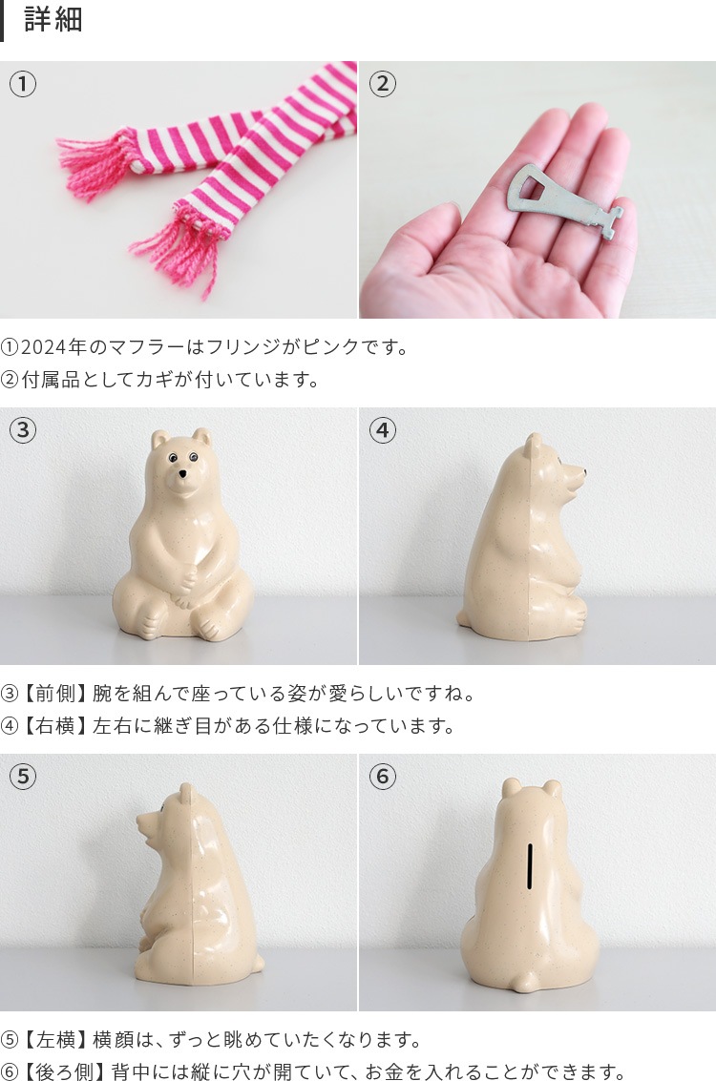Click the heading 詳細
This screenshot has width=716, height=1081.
click(x=53, y=19)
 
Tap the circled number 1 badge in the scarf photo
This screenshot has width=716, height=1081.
click(x=23, y=84)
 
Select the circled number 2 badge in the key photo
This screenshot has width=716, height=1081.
click(x=383, y=84)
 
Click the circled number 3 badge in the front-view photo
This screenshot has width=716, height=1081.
click(x=23, y=430)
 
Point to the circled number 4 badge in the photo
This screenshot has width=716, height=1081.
click(x=383, y=430)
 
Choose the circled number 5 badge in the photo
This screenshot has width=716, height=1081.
click(x=23, y=777)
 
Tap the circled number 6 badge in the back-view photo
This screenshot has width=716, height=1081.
click(x=383, y=777)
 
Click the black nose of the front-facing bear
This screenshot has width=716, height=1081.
click(x=182, y=474)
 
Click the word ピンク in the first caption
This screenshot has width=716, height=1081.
click(x=331, y=346)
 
